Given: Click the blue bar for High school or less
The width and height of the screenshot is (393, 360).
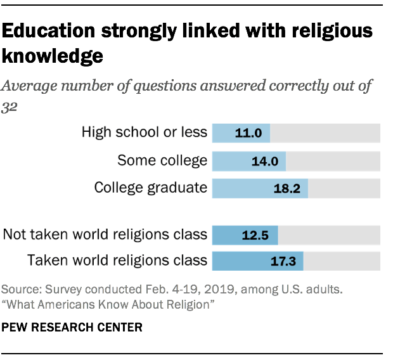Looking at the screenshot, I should [x=241, y=133].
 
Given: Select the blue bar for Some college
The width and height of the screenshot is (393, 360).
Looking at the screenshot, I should [x=248, y=161].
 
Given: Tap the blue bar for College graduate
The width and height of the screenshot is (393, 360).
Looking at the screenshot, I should [x=260, y=188].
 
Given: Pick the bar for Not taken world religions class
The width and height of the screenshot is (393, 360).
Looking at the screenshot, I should [x=245, y=235].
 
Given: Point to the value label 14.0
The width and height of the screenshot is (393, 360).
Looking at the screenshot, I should [x=266, y=161].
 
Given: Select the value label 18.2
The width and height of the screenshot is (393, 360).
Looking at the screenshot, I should [x=288, y=188].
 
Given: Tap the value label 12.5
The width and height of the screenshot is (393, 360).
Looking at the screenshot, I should [x=256, y=235].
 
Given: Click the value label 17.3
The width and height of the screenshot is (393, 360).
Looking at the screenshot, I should [x=283, y=261].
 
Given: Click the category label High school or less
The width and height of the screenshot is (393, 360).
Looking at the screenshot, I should [x=144, y=132].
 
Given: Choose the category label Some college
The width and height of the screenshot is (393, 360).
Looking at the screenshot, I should [x=162, y=160].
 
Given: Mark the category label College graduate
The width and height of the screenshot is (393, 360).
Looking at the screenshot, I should [x=150, y=188].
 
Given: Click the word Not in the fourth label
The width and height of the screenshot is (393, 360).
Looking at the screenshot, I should [x=14, y=235].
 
